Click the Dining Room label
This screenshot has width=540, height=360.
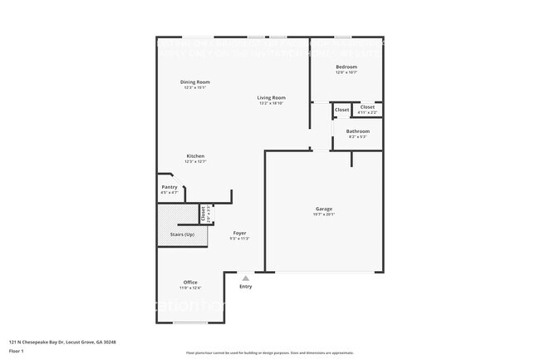coord(195,81)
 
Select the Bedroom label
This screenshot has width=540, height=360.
coord(346,67)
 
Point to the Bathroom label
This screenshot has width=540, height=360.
coord(358,131)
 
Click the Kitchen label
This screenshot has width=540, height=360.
coord(195,155)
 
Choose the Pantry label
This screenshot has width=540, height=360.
coord(169,187)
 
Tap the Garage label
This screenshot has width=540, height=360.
coord(323,208)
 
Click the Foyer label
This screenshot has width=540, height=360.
coord(239,233)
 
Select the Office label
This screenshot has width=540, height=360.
coord(190,282)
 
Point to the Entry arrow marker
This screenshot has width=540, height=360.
coord(245,279)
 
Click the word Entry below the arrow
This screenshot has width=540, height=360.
coord(245,287)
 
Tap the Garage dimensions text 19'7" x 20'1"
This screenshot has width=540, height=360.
coord(323,214)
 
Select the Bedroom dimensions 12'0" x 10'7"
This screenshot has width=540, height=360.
coord(346,72)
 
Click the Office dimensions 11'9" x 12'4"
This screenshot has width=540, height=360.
coord(190,288)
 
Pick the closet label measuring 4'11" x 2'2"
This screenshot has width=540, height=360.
coord(367,111)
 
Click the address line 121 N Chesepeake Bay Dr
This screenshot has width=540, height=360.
coord(62,342)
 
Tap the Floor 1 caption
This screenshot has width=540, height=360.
coord(17,350)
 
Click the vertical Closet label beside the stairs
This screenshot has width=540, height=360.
coord(203,212)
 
